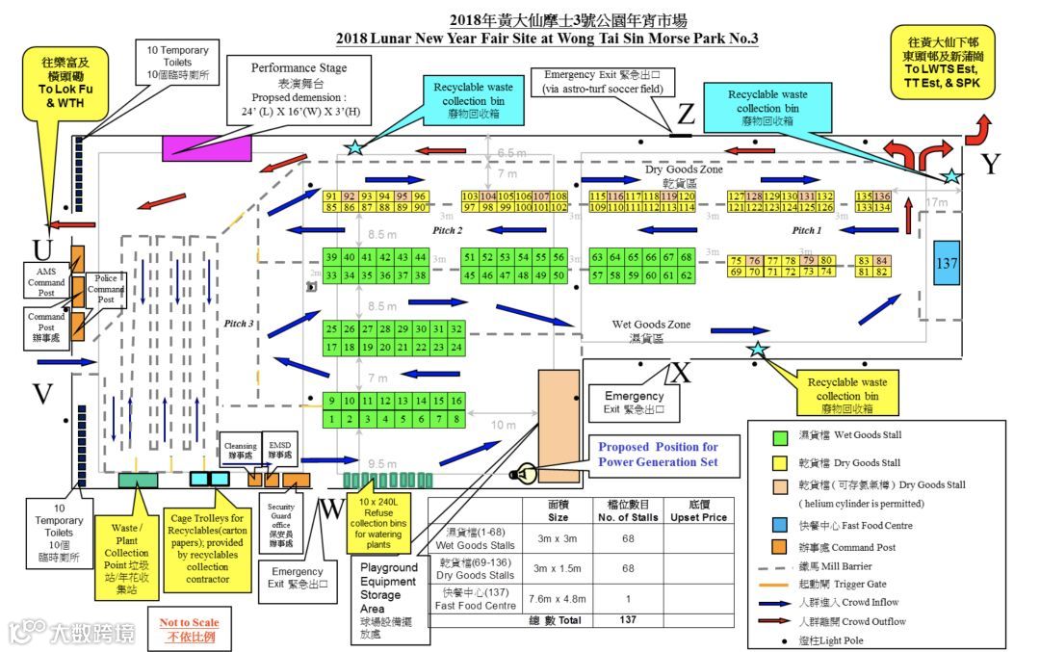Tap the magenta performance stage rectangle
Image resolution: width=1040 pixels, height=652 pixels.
point(206,146)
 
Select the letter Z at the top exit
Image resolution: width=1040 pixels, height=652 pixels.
point(685,116)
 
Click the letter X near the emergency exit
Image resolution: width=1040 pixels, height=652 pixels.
point(681,371)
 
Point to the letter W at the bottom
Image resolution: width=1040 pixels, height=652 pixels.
point(331,509)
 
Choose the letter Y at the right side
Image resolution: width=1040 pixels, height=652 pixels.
point(991,165)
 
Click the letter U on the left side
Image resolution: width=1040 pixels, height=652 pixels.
point(42,250)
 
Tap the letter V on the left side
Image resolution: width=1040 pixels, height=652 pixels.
point(42,394)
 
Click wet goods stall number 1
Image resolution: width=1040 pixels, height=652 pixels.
point(331,419)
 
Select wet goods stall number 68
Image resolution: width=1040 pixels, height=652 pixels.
point(686,258)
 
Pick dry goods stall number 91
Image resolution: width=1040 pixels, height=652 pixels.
point(331,196)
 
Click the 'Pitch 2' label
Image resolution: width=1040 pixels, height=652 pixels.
point(448,231)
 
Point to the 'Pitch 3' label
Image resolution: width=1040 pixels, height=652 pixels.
point(238,324)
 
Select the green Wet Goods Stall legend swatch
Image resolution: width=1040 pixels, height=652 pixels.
point(780,436)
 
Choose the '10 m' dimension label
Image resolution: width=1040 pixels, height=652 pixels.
point(504,425)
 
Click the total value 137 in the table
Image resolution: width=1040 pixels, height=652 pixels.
point(628,620)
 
